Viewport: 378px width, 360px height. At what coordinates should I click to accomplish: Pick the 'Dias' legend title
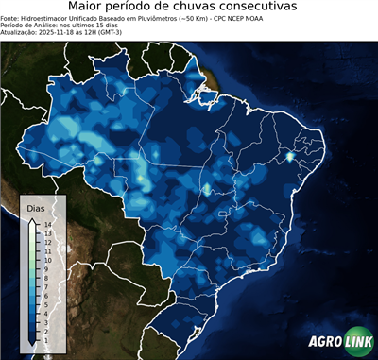(x=35, y=207)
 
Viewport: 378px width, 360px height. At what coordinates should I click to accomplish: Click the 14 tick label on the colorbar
(x=46, y=224)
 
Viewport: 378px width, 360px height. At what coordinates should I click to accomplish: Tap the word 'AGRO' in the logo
(x=323, y=342)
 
